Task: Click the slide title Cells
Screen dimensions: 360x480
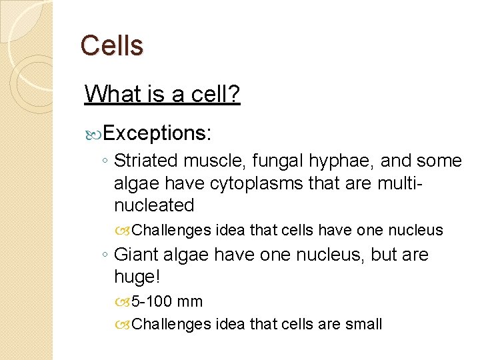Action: [x=111, y=45]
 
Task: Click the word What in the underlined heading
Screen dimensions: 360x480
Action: [x=109, y=95]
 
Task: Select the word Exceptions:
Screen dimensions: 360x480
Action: [x=157, y=133]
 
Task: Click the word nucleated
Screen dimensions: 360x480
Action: [x=154, y=205]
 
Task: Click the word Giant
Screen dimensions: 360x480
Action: [x=136, y=255]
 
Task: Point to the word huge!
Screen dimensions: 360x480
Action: [x=137, y=277]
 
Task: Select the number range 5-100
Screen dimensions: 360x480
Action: [x=153, y=302]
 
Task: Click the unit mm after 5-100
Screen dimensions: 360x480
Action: [x=191, y=302]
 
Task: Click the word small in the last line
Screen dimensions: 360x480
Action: [x=363, y=325]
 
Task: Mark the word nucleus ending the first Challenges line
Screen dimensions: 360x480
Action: [x=417, y=231]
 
